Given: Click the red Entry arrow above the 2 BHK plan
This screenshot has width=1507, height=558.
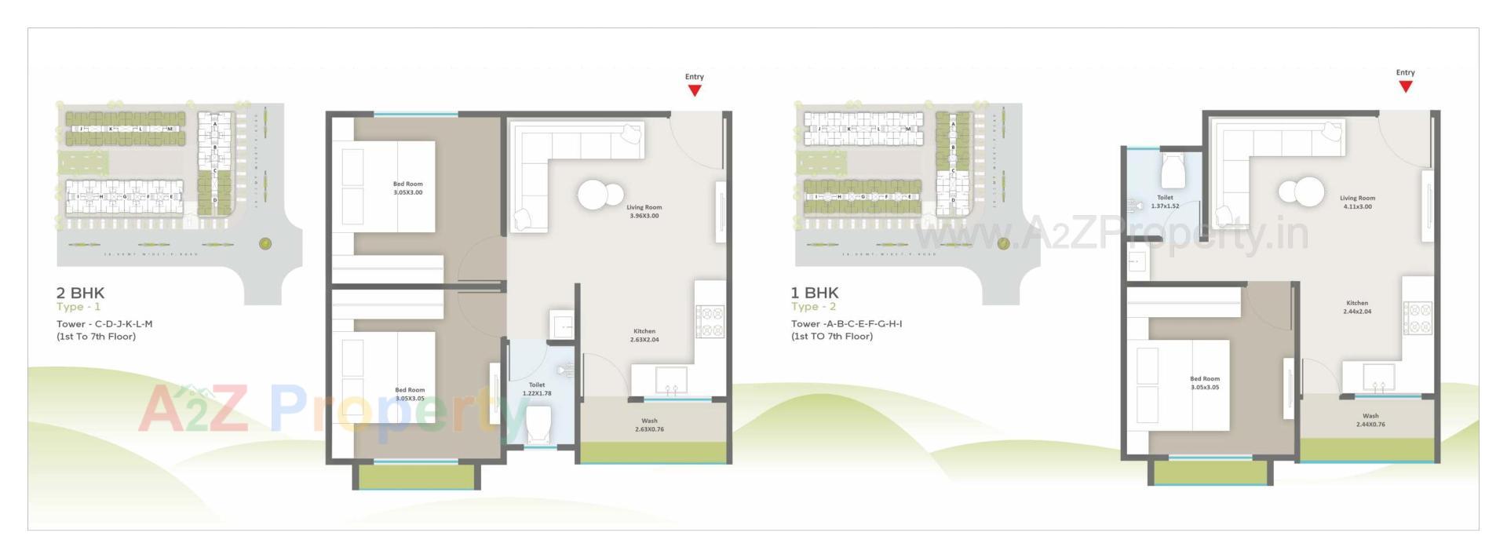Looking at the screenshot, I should click(694, 89).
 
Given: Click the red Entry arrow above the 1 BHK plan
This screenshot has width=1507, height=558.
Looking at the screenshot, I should click(1405, 86).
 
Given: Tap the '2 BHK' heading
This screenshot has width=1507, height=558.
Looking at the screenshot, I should click(80, 293).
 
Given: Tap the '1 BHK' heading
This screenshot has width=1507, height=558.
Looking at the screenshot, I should click(814, 293).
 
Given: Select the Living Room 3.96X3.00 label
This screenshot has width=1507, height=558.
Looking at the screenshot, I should click(644, 211).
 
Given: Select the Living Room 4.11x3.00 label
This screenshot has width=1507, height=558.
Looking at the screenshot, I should click(1357, 202).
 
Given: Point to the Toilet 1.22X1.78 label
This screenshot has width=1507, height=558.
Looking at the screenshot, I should click(537, 389).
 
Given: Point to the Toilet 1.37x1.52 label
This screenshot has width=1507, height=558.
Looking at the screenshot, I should click(1165, 202).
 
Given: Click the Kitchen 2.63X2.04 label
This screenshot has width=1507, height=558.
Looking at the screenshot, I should click(644, 335).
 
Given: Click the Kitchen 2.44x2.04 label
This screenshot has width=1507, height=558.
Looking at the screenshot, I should click(1356, 307).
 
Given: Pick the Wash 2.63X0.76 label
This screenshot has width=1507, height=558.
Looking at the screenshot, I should click(649, 425).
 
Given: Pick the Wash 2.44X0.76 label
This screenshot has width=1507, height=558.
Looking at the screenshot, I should click(1370, 420).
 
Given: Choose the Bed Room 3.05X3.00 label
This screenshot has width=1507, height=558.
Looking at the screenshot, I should click(407, 188).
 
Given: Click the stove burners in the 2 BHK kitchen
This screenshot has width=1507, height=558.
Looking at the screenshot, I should click(710, 321).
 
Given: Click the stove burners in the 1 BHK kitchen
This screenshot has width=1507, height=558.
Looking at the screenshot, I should click(1418, 318).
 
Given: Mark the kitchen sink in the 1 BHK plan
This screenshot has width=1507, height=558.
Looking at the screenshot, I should click(1378, 377).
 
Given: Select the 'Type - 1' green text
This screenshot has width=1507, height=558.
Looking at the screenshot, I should click(78, 307).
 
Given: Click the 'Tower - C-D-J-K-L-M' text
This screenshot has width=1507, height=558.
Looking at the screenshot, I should click(104, 323).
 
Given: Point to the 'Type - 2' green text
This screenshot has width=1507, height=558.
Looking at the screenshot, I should click(813, 307).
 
